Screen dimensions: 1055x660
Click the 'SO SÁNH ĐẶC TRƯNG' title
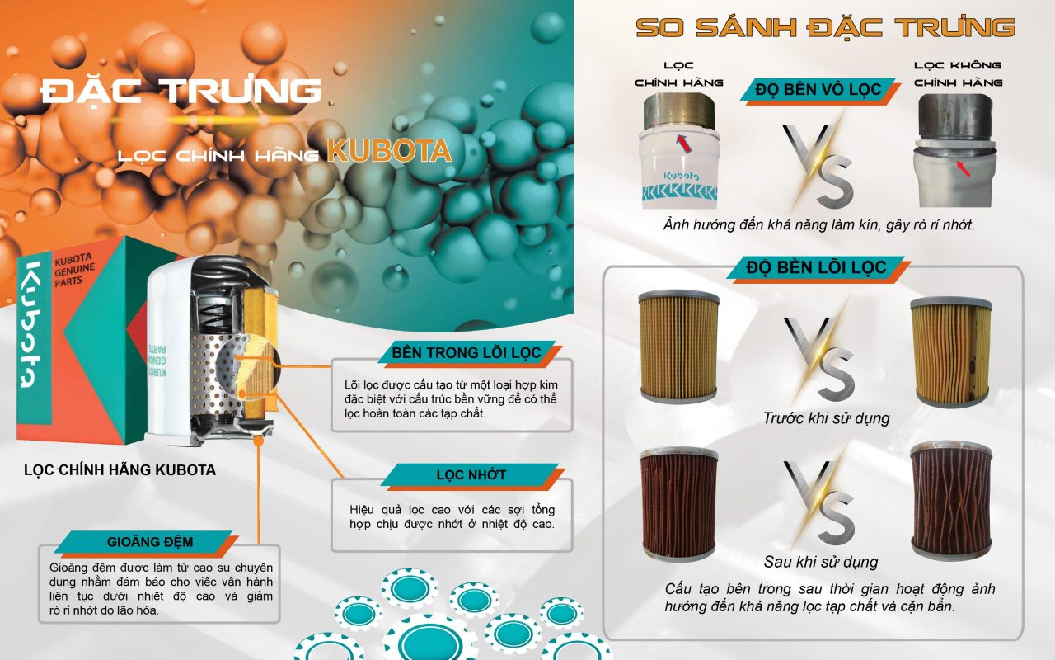point(825,27)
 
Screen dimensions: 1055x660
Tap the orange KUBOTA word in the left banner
point(390,151)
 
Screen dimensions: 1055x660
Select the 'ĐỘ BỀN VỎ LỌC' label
point(818,89)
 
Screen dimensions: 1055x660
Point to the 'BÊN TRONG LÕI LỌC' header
point(467,352)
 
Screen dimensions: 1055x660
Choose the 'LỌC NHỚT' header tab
point(471,474)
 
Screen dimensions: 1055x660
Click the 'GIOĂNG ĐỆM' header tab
point(150,542)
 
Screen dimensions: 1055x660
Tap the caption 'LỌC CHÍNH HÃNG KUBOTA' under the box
point(120,470)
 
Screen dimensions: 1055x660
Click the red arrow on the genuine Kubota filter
point(684,144)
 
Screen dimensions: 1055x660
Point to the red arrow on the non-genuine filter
point(964,168)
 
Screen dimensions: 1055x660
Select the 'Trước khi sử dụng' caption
point(827,418)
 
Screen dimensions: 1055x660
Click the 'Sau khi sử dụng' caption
point(821,562)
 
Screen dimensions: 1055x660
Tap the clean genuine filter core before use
point(678,346)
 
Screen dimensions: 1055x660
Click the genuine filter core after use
point(678,504)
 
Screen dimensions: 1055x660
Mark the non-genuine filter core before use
point(951,352)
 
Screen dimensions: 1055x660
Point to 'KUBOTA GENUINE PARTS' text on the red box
point(74,270)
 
